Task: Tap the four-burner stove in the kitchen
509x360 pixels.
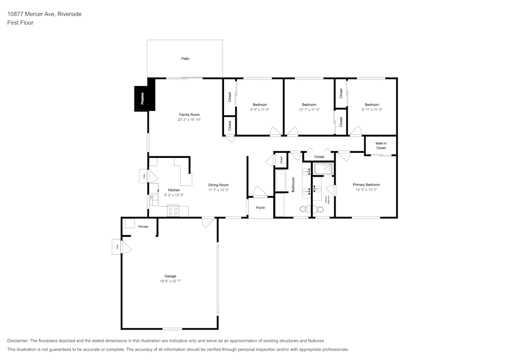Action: point(173,210)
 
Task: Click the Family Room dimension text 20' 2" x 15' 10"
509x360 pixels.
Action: point(189,120)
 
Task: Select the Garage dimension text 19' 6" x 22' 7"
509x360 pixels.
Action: point(170,281)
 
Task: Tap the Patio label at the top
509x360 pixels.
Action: point(185,59)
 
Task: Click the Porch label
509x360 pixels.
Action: point(260,208)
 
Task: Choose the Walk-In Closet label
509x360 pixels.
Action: point(381,146)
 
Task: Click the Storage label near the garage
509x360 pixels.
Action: point(143,227)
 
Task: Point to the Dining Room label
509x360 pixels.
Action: point(218,185)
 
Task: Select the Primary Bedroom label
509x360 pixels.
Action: point(366,185)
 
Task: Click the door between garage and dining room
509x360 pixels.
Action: point(208,222)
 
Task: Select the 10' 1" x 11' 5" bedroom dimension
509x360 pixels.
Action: point(309,109)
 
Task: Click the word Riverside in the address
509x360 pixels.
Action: point(70,14)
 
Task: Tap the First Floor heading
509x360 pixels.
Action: point(20,23)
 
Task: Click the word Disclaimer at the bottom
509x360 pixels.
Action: point(18,341)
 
